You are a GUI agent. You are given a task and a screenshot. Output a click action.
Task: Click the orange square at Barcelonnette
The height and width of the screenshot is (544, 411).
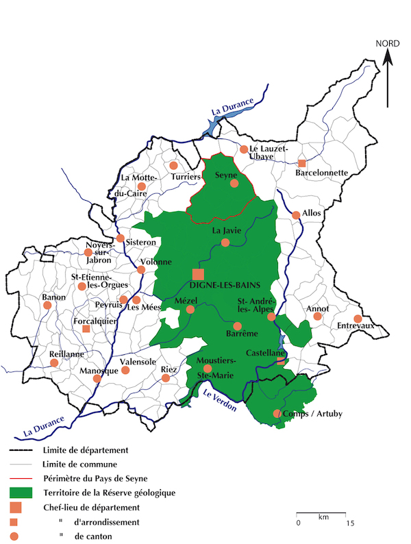[301, 163]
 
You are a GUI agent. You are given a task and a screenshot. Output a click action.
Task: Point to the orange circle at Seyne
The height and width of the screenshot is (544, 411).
[234, 183]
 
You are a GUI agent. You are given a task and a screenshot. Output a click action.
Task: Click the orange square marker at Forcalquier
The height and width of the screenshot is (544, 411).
[86, 329]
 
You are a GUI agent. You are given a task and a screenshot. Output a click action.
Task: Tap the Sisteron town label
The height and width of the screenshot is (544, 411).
[141, 243]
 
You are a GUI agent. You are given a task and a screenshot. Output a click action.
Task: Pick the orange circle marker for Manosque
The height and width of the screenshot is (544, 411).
[97, 378]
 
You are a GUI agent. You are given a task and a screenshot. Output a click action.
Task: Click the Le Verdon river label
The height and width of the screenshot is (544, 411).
[219, 399]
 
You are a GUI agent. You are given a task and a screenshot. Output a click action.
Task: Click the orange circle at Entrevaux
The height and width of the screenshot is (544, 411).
[357, 318]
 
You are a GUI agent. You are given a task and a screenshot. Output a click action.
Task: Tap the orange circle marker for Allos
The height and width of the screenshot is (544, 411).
[296, 214]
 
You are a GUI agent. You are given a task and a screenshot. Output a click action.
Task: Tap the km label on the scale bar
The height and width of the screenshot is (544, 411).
[323, 516]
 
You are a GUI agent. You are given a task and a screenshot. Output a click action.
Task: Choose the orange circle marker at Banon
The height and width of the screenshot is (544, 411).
[47, 305]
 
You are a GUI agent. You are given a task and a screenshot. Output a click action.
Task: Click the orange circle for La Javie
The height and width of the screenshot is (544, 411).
[225, 243]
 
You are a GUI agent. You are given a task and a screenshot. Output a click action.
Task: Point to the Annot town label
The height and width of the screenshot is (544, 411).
[319, 308]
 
